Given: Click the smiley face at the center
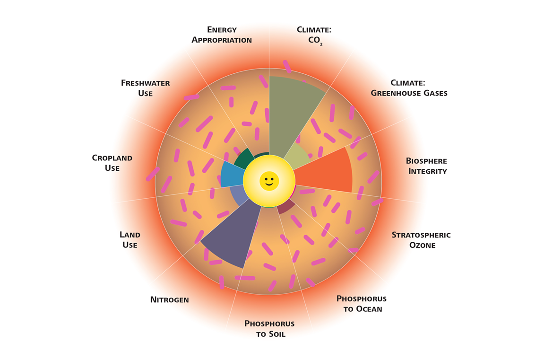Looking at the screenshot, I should coord(269,181).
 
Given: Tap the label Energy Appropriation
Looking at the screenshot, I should coord(221,35).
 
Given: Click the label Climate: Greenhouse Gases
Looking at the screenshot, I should coord(409,88).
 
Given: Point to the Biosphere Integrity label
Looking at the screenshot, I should coord(426,166).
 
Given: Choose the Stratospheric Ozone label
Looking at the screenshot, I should coord(421,240).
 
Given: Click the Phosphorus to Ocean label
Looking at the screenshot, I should coord(361,304).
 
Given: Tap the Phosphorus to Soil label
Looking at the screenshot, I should coord(269,329).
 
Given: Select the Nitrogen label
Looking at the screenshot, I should coord(169,299).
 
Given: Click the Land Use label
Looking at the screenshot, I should coord(130,239).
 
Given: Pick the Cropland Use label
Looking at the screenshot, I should coord(112,163).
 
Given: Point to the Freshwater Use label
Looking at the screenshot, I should coord(145,88).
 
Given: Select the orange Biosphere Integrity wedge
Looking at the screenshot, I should coord(326,173).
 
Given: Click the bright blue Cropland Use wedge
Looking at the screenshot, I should coord(232,175).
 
